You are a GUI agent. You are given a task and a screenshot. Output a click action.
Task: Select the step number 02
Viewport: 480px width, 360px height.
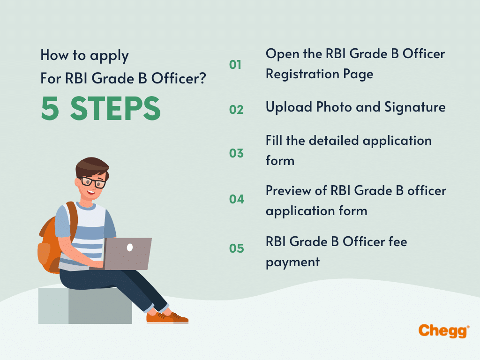click(x=236, y=110)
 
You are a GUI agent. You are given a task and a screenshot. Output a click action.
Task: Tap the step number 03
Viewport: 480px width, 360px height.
click(x=236, y=153)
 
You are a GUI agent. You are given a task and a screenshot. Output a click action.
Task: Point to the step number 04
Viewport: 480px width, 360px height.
click(x=237, y=199)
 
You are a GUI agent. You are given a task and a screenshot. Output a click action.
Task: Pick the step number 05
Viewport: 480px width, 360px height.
click(x=237, y=248)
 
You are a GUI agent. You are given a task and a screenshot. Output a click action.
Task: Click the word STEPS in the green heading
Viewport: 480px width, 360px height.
click(x=115, y=109)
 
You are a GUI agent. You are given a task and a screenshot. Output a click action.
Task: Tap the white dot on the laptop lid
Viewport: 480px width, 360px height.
click(x=130, y=247)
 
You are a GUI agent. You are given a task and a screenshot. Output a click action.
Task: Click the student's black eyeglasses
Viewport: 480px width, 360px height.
click(x=94, y=181)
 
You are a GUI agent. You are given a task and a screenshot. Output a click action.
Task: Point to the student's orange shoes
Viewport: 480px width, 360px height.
click(x=167, y=317)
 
